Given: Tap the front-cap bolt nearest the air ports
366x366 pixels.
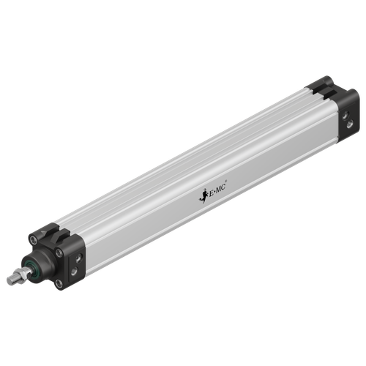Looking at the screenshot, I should point(60,253).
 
